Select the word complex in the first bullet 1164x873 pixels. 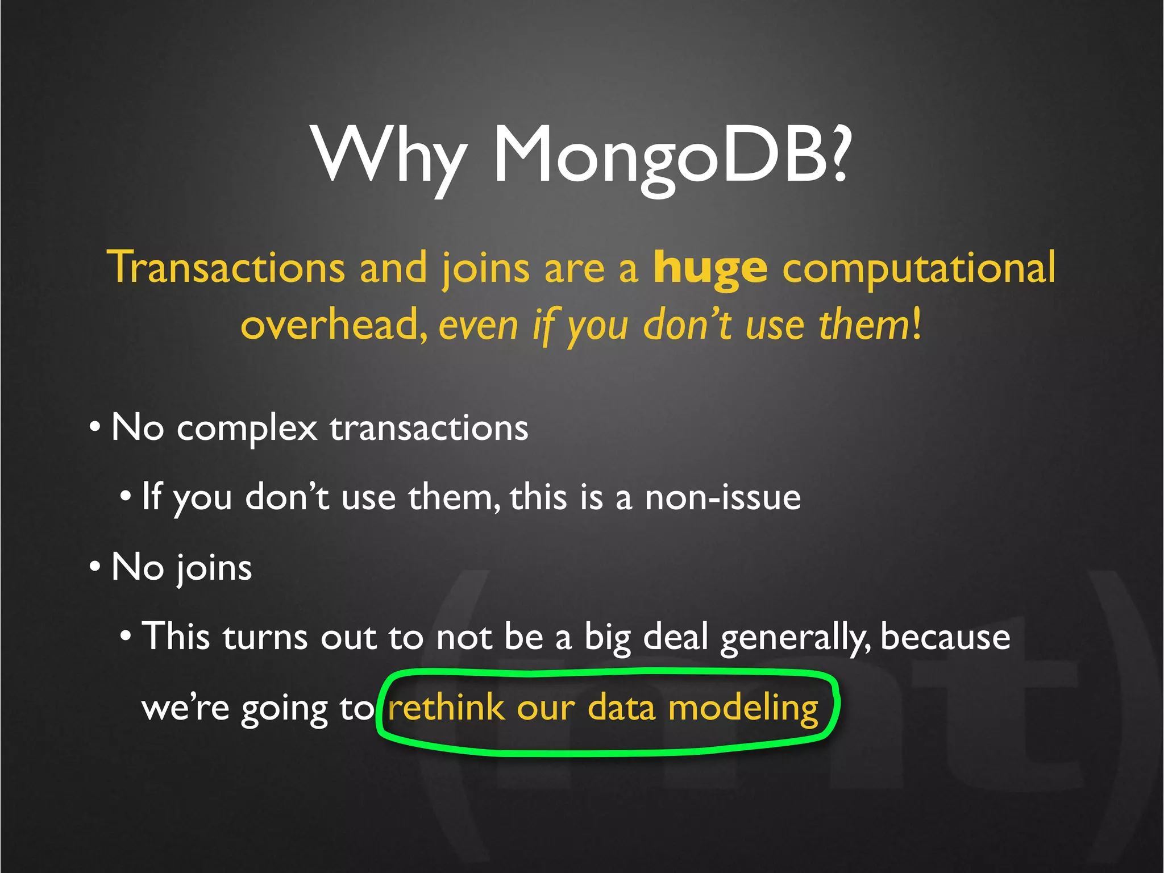click(x=247, y=429)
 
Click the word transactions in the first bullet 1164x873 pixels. click(x=429, y=429)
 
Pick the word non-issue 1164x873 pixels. click(x=722, y=497)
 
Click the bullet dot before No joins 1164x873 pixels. click(x=95, y=567)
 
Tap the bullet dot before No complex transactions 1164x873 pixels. click(x=95, y=427)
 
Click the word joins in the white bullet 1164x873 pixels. click(x=213, y=568)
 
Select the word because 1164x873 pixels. click(x=945, y=637)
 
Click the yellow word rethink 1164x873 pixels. click(x=446, y=708)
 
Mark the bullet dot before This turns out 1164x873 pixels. click(x=126, y=636)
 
